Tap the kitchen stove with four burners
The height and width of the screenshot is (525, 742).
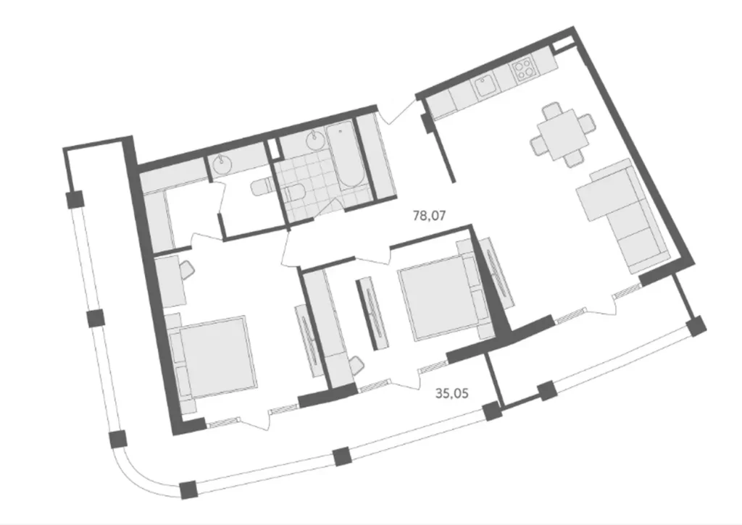(522, 70)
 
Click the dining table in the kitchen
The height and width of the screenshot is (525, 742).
(562, 133)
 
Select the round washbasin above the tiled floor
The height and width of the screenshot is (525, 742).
(314, 140)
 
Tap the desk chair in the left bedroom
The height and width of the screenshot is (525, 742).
(185, 271)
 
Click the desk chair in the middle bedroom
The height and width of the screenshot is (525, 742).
(355, 366)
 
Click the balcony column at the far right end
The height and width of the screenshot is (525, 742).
(696, 326)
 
